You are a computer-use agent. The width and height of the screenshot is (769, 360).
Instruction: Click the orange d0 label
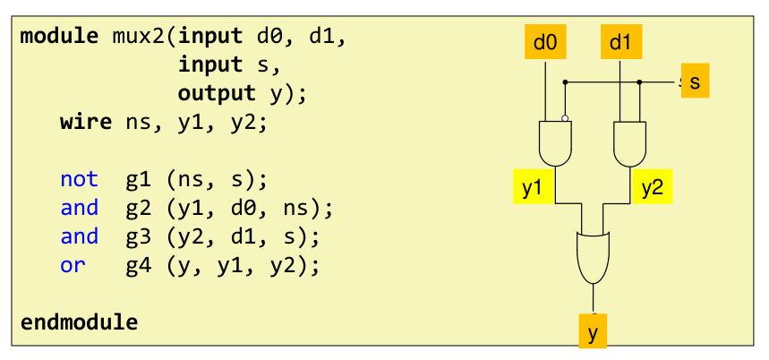click(544, 42)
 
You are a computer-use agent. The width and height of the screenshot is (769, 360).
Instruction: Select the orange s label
click(695, 81)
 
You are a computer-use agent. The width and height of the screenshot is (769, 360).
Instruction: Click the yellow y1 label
click(532, 187)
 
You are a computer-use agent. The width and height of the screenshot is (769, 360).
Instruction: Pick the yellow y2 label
click(651, 187)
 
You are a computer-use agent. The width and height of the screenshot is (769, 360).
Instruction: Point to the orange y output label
click(592, 332)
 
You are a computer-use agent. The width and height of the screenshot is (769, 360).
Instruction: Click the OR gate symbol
click(592, 255)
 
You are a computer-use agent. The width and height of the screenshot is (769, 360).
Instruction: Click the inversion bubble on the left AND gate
click(565, 117)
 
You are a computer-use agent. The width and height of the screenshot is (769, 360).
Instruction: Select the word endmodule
click(79, 321)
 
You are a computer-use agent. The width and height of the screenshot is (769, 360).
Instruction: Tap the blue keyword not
click(79, 179)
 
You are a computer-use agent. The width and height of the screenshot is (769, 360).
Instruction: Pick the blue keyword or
click(73, 265)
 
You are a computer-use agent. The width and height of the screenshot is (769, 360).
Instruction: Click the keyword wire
click(86, 122)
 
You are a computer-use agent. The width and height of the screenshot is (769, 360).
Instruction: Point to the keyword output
click(218, 93)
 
